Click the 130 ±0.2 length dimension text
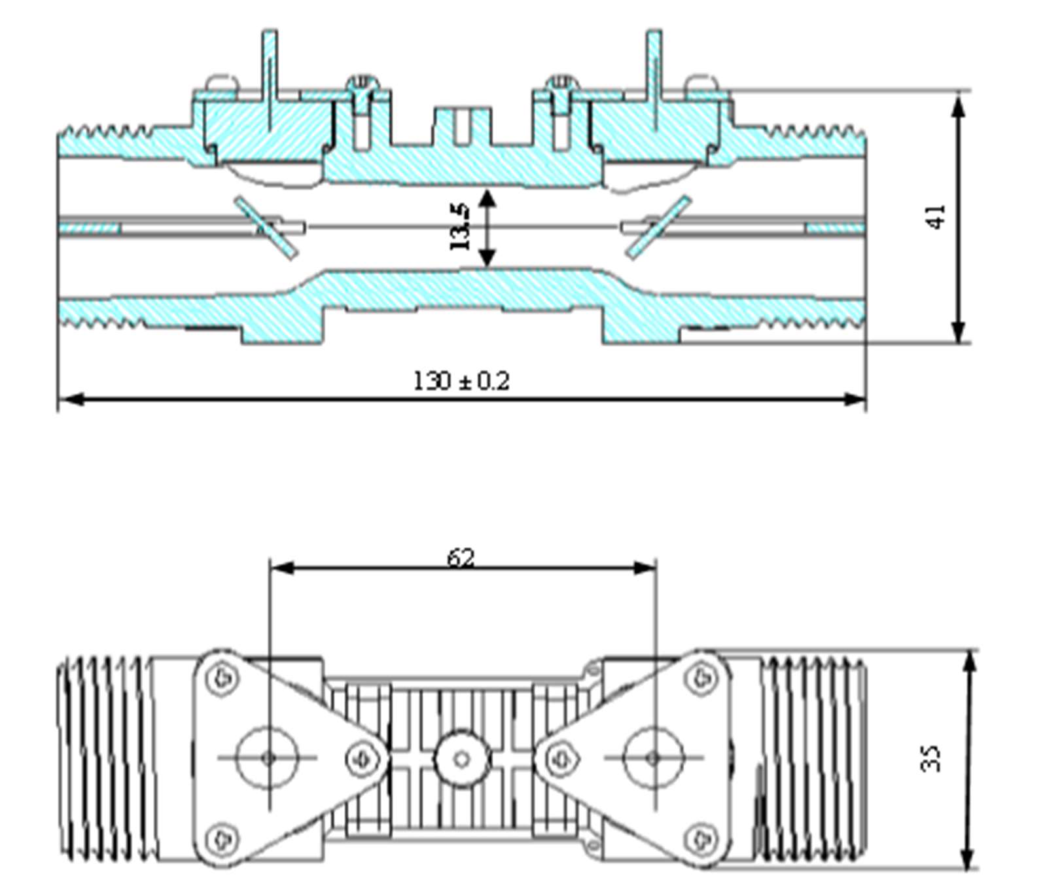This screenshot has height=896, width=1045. tap(461, 381)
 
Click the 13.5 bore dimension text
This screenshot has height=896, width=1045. tap(460, 226)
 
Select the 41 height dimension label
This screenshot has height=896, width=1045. tap(936, 217)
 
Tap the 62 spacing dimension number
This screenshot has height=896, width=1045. tap(461, 558)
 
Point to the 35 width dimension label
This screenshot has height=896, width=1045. tap(930, 759)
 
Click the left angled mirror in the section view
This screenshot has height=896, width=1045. tap(266, 227)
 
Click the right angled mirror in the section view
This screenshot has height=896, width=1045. tap(658, 227)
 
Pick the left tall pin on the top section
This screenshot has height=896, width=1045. tap(269, 72)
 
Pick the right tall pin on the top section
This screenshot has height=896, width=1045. tap(654, 72)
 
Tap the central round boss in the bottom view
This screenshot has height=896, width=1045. tap(462, 759)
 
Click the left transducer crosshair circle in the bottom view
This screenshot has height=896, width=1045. tap(268, 758)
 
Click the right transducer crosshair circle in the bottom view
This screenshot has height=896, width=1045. tap(653, 758)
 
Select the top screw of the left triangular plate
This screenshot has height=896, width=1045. tap(222, 677)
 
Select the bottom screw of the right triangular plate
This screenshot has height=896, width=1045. tap(701, 838)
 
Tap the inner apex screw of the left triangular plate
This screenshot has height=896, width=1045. tap(362, 759)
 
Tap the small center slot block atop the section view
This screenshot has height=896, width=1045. tap(462, 126)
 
